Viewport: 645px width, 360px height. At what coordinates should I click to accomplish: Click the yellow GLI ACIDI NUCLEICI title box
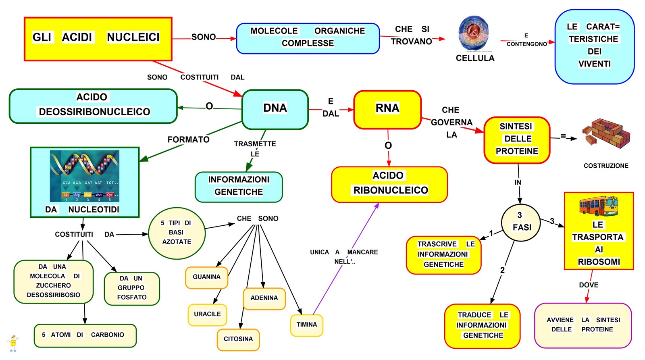[98, 39]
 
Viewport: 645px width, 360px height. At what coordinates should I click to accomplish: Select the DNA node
[275, 109]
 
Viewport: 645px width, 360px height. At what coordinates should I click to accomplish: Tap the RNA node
[387, 109]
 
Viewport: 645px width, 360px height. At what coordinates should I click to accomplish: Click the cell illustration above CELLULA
[474, 34]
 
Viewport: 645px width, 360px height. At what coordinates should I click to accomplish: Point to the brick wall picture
[606, 134]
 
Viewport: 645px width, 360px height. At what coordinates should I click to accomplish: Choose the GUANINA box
[206, 277]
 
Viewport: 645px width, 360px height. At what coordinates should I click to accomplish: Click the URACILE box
[207, 314]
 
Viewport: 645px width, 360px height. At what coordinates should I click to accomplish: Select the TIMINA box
[306, 325]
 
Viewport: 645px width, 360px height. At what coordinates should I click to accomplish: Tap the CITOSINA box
[238, 339]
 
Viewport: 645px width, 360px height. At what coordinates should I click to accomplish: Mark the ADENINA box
[264, 298]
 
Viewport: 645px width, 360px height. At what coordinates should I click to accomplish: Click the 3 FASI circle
[521, 222]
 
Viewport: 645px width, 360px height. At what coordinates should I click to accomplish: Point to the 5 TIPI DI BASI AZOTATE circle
[177, 233]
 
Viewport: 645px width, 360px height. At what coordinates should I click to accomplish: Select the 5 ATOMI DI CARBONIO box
[85, 335]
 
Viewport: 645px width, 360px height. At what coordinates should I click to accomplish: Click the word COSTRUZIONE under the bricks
[606, 166]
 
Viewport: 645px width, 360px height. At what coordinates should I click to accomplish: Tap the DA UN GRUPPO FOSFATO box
[132, 288]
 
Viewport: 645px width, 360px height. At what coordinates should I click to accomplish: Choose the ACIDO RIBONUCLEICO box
[389, 184]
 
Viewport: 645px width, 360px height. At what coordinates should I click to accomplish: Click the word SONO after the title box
[204, 37]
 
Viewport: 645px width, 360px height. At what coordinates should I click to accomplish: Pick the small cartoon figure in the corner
[13, 343]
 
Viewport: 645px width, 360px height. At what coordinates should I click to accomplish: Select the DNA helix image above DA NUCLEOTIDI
[85, 176]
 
